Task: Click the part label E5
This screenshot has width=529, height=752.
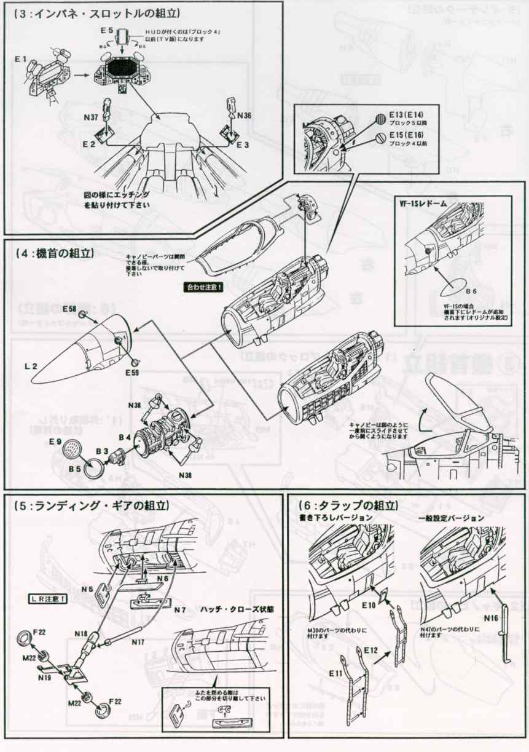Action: [106, 30]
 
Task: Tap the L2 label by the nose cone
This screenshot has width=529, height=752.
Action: [31, 366]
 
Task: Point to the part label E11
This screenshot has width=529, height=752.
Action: [335, 673]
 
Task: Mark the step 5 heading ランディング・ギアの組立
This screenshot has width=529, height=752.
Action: [91, 505]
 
